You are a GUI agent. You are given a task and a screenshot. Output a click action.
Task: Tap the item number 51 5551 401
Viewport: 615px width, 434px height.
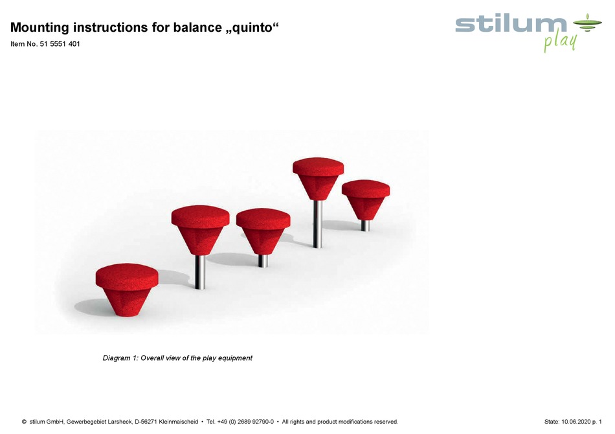(57, 45)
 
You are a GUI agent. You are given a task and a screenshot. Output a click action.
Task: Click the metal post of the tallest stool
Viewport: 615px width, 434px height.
(317, 223)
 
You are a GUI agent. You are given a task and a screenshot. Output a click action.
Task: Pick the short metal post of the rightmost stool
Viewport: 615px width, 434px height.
(365, 225)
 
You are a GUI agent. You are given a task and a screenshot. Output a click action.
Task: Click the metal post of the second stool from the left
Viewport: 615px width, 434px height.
(201, 271)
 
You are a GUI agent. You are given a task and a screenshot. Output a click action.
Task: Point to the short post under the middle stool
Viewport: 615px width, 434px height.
(263, 260)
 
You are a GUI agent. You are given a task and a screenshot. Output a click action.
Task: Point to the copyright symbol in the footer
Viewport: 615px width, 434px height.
(25, 422)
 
